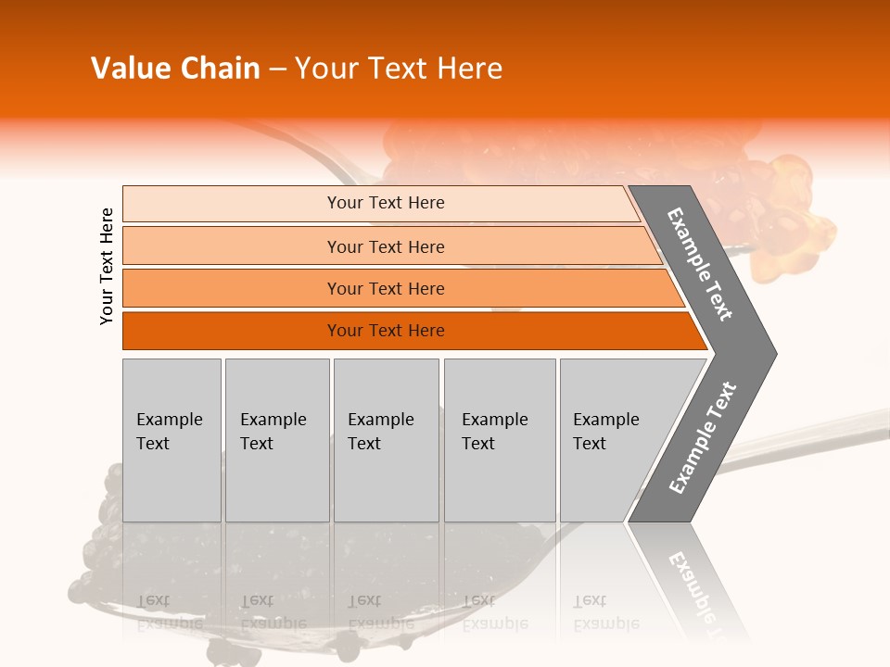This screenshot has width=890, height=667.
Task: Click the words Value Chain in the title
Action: coord(175,69)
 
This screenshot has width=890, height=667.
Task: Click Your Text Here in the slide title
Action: coord(399,69)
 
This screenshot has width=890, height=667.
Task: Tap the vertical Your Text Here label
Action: coord(107,266)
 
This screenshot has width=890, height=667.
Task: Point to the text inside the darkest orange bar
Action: coord(386,331)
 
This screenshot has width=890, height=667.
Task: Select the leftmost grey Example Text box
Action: coord(172,439)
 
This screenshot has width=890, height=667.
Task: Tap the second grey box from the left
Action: coord(277,439)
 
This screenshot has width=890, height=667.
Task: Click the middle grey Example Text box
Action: coord(386,439)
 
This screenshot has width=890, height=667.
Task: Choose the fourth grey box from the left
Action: coord(500,439)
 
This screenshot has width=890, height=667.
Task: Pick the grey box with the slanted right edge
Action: coord(612,439)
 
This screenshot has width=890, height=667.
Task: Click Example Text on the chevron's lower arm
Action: coord(703,437)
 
